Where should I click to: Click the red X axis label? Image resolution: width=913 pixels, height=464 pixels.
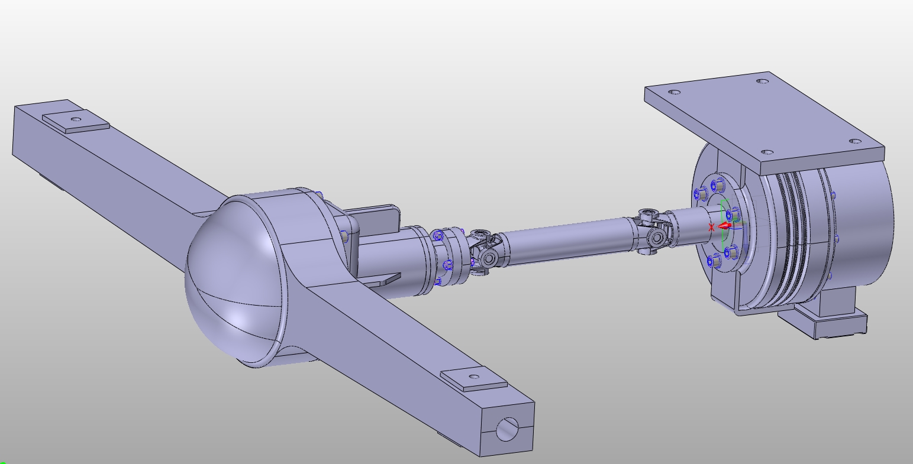click(711, 228)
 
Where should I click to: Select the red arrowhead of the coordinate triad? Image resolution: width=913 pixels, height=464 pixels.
click(723, 226)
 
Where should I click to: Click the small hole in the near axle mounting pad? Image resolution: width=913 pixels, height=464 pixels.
click(474, 377)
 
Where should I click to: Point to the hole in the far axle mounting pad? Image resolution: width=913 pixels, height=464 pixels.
click(76, 119)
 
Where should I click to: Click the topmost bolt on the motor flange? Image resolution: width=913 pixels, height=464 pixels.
click(718, 186)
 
